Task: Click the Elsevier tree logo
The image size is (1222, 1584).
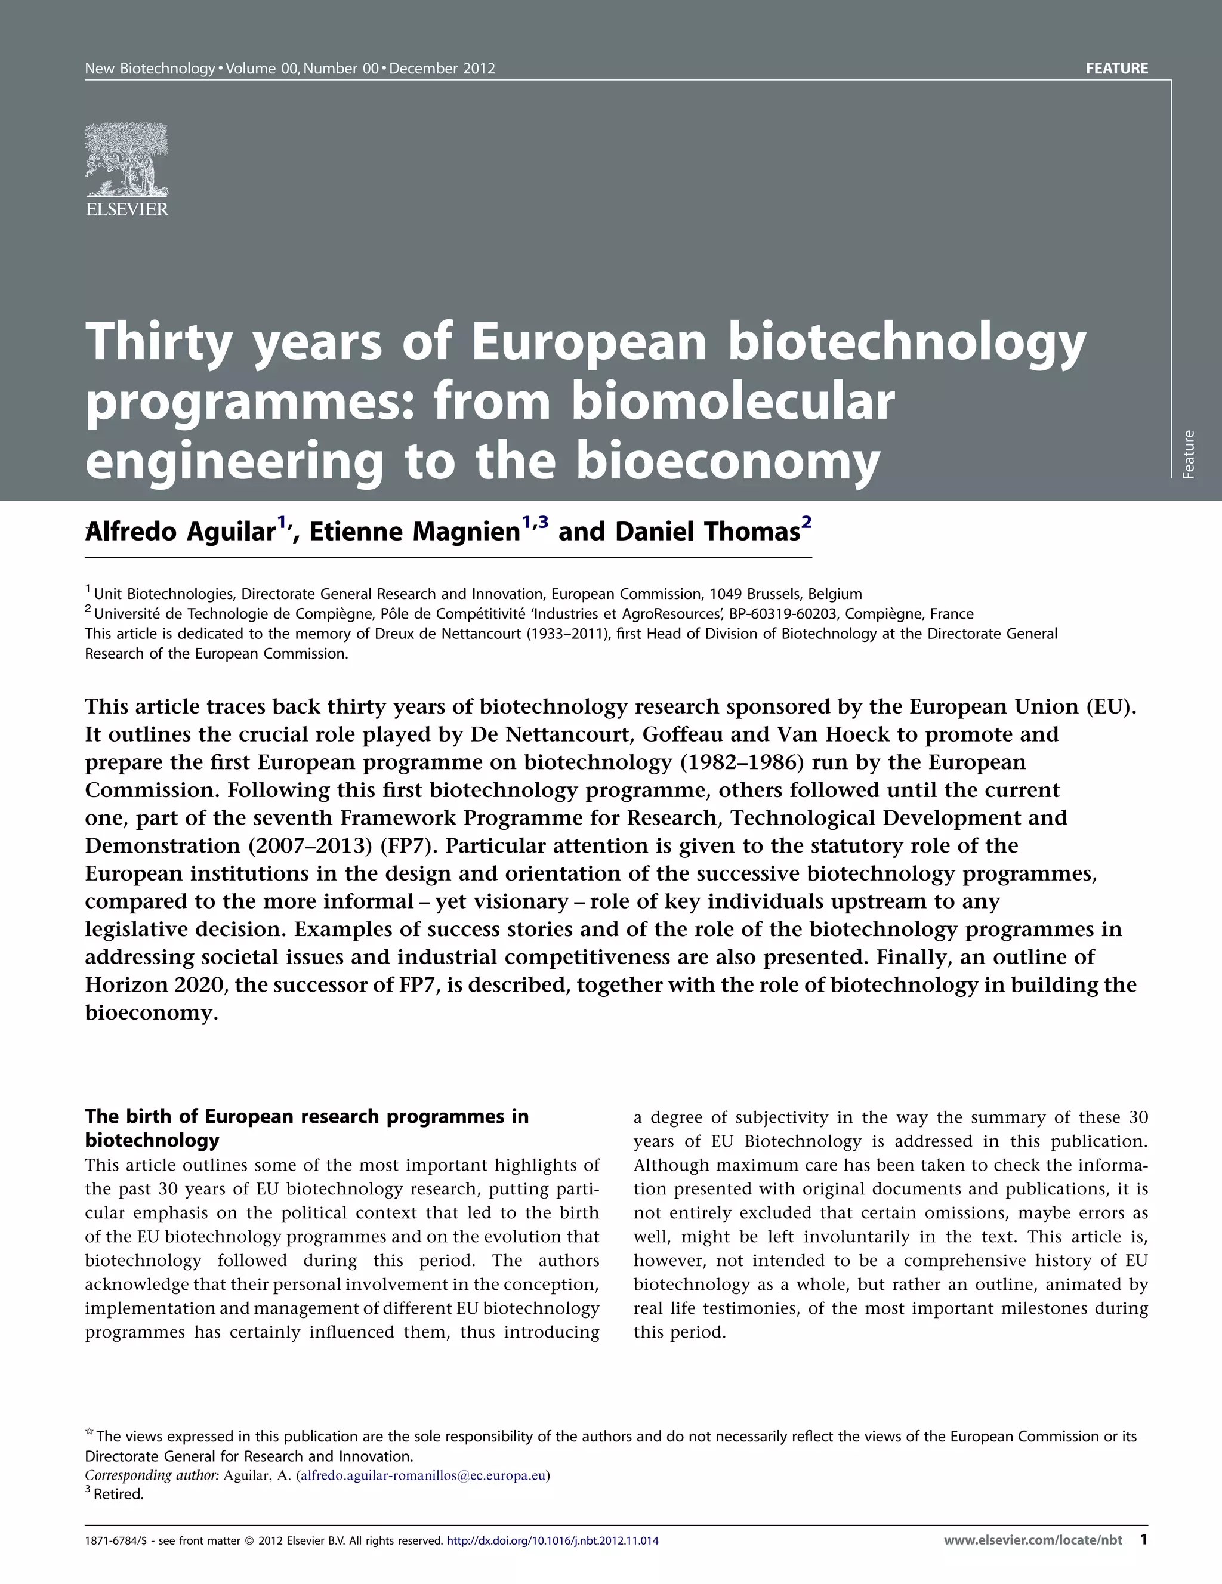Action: [127, 159]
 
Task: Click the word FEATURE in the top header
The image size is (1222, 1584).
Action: [1116, 69]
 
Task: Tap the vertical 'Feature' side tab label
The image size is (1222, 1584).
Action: [1188, 454]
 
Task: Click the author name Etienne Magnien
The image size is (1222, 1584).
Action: [415, 532]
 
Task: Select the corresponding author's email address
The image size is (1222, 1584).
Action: [423, 1475]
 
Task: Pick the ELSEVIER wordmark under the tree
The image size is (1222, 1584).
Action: [127, 209]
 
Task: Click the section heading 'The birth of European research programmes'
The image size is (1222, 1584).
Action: [307, 1116]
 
